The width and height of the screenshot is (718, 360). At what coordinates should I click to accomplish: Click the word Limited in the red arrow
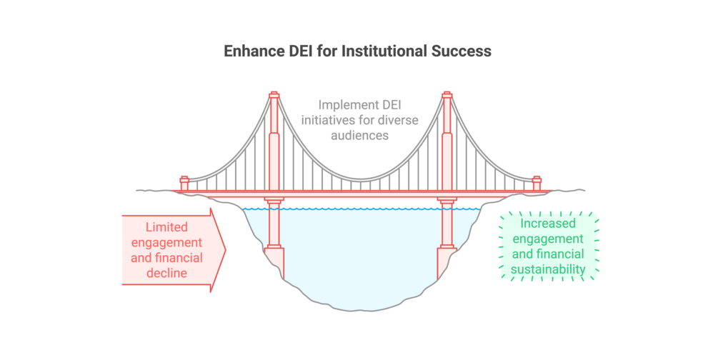[x=166, y=227]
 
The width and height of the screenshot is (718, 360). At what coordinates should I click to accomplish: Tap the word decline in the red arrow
[x=166, y=273]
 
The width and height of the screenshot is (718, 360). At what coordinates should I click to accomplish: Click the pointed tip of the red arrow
[x=225, y=250]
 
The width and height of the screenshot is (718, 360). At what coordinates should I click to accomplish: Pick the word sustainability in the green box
[x=548, y=269]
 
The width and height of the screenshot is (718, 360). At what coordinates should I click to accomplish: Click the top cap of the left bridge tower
[x=273, y=94]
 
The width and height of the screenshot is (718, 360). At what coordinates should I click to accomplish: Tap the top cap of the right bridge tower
[x=447, y=94]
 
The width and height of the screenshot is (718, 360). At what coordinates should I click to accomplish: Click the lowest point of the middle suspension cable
[x=360, y=174]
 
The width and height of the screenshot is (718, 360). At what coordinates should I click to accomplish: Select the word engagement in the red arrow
[x=166, y=243]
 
